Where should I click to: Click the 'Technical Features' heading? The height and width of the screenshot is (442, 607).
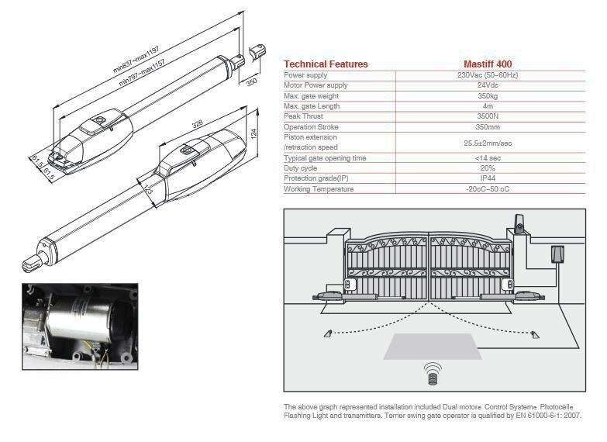click(x=326, y=64)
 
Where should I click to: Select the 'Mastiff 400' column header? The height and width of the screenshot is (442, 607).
click(x=488, y=64)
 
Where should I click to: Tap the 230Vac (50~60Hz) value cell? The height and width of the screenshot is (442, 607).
click(x=488, y=74)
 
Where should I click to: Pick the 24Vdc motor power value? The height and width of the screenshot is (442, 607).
click(x=488, y=85)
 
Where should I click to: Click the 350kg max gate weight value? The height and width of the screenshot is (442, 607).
click(x=488, y=95)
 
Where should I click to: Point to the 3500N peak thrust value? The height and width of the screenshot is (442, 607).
click(x=488, y=116)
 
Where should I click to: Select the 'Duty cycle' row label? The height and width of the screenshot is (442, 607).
click(x=301, y=168)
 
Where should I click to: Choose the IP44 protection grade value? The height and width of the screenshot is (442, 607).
click(x=488, y=178)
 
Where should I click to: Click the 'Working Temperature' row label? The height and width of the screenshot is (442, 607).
click(x=319, y=189)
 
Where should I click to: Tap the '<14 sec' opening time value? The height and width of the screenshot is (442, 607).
click(x=488, y=158)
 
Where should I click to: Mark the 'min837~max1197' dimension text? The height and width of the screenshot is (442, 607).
click(x=136, y=60)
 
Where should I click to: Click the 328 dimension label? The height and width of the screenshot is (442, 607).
click(x=198, y=124)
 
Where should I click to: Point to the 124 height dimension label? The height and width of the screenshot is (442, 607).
click(x=254, y=133)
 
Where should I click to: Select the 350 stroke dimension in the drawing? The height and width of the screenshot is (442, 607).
click(x=252, y=82)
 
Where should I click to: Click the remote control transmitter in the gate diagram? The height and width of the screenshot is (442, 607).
click(x=433, y=375)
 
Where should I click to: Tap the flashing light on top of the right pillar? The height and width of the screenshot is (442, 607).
click(x=519, y=223)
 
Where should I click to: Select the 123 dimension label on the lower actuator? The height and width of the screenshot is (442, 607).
click(x=148, y=188)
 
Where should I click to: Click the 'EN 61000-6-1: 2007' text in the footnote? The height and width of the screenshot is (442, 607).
click(x=549, y=416)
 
